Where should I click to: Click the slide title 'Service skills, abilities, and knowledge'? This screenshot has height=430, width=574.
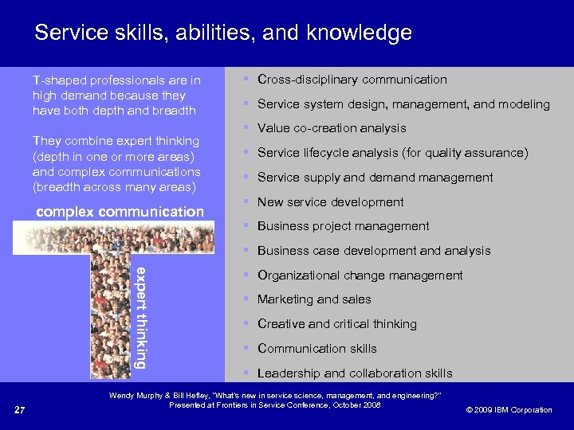click(223, 33)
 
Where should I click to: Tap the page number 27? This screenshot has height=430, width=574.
click(22, 410)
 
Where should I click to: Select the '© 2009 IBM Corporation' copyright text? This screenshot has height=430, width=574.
click(509, 410)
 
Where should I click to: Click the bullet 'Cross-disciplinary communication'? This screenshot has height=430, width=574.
click(352, 80)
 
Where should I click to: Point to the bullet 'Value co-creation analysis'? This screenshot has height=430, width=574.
click(332, 128)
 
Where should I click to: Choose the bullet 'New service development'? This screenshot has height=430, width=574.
click(330, 202)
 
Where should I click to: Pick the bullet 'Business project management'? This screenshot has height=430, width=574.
click(343, 226)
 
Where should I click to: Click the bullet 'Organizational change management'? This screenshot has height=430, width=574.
click(360, 276)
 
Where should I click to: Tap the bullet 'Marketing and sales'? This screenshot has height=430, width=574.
click(314, 299)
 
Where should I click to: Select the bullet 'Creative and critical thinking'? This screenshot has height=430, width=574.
click(336, 324)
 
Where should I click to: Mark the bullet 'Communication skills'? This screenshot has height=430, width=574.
click(316, 349)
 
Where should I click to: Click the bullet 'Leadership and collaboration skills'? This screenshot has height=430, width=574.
click(354, 373)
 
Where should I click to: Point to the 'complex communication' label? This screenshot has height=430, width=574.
click(120, 212)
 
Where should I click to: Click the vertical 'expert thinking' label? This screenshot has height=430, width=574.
click(140, 317)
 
